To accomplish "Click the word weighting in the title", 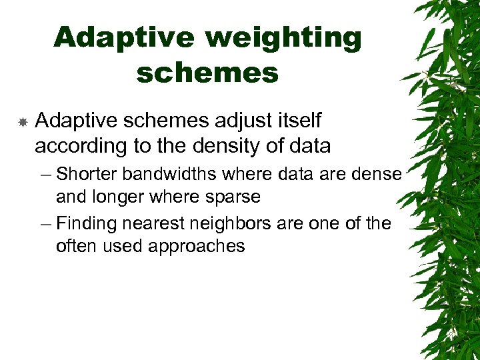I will click(x=283, y=38).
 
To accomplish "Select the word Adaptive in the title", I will click(x=125, y=38).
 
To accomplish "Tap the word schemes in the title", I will click(x=207, y=73).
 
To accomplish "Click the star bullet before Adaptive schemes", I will click(x=22, y=122).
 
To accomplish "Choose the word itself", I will click(x=297, y=121).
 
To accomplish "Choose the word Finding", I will click(x=84, y=223).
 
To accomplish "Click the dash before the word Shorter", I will click(x=45, y=175).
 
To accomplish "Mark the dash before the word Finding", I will click(x=45, y=224).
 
